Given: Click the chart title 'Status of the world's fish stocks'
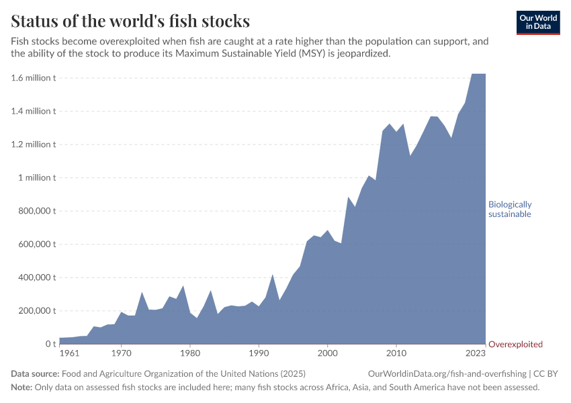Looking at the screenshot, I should click(x=130, y=20).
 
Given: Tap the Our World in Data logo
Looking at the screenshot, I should click(x=537, y=22).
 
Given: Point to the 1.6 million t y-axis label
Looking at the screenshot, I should click(x=33, y=78).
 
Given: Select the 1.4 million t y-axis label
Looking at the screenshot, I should click(x=33, y=111).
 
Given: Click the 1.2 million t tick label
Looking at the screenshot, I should click(x=33, y=144).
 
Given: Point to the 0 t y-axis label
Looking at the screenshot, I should click(x=50, y=344).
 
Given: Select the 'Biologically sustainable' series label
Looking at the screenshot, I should click(x=510, y=209).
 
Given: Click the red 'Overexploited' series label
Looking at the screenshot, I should click(x=515, y=344).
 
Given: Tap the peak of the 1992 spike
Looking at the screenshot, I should click(x=273, y=274).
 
